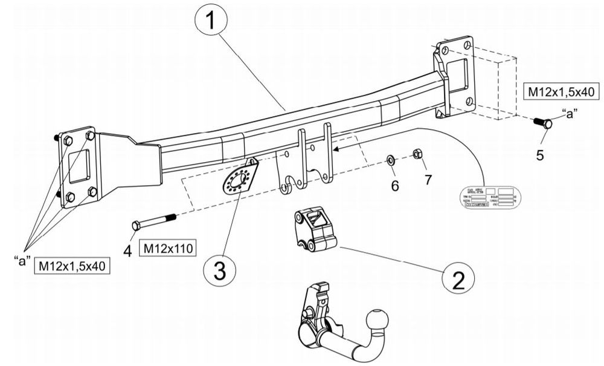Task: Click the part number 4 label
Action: click(x=128, y=250)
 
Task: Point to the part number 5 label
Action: click(x=540, y=154)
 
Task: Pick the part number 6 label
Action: click(x=394, y=186)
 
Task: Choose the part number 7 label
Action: click(x=428, y=180)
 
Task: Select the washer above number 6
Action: click(x=391, y=160)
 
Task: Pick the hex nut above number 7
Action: click(x=417, y=154)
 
